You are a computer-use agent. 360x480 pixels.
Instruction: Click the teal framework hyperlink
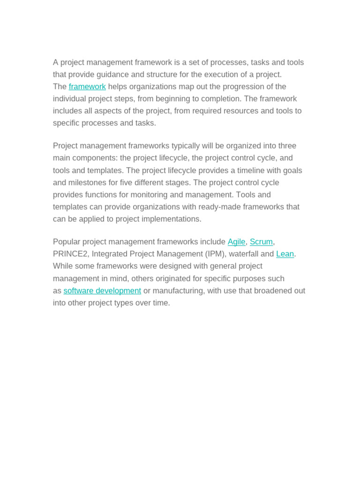(x=87, y=87)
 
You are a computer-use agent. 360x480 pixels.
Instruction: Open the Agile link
(x=236, y=242)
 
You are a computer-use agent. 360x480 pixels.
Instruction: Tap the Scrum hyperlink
(x=261, y=242)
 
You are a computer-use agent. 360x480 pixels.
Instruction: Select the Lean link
(x=285, y=254)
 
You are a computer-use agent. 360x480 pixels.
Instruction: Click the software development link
(x=102, y=291)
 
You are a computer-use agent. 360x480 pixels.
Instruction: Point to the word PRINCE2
(x=70, y=254)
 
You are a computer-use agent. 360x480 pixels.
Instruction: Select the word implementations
(x=171, y=219)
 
